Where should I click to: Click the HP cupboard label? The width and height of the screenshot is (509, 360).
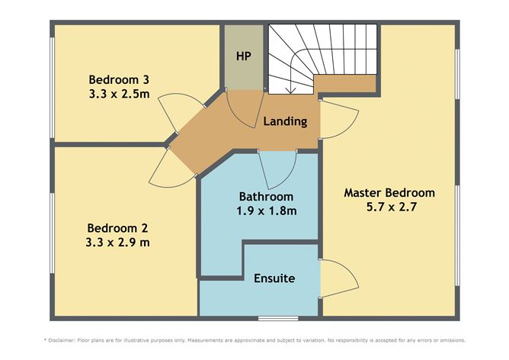[x=244, y=56]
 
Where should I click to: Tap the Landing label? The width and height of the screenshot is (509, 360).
[x=285, y=121]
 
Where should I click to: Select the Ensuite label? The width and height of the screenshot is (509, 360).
[x=274, y=278]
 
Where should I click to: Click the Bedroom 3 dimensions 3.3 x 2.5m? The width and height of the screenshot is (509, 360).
[x=119, y=94]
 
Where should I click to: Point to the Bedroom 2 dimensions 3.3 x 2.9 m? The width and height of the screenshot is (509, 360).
[x=117, y=243]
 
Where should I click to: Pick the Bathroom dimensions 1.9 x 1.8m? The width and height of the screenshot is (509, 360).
[x=267, y=211]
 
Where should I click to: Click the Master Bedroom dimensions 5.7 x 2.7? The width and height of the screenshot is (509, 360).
[x=391, y=207]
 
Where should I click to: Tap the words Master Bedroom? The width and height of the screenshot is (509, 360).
[x=389, y=193]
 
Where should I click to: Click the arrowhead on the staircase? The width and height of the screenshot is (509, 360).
[x=290, y=90]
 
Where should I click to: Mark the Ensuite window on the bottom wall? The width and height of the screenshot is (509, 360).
[x=278, y=318]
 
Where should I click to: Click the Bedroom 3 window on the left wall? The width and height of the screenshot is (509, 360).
[x=52, y=88]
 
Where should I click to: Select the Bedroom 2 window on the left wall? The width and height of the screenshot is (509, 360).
[x=52, y=233]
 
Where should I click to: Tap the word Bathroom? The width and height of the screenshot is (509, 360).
[x=266, y=197]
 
